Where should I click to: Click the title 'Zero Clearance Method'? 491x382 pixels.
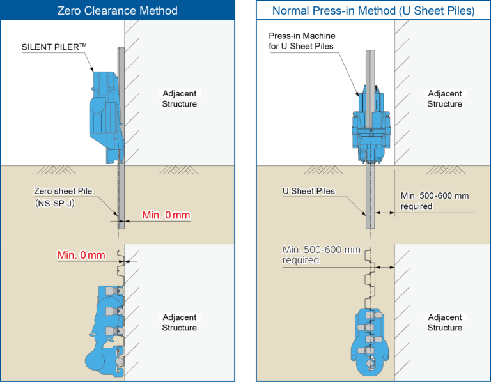coord(117,11)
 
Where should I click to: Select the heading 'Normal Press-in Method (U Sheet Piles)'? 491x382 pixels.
coord(373,11)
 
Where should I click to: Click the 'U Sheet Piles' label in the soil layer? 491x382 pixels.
coord(308,191)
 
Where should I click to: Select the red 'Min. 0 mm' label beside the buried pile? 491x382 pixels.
coord(166,215)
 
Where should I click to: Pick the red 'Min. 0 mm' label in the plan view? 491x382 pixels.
coord(81,255)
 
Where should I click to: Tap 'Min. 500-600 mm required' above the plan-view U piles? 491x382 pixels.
coord(322,255)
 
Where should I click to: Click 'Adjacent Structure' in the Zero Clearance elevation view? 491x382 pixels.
coord(179,99)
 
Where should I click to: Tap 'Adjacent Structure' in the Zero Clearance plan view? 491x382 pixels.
coord(179,323)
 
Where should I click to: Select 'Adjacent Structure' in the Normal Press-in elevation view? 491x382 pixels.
coord(444,99)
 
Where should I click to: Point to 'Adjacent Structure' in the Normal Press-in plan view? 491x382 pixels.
coord(444,323)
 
